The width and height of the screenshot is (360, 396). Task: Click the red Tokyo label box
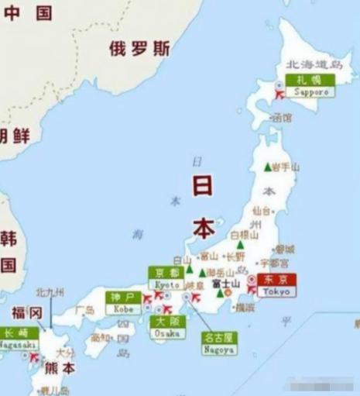coord(276,284)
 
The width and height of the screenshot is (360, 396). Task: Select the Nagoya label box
coord(219,343)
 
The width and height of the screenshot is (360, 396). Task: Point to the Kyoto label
coord(168,278)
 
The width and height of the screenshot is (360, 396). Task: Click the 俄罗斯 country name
coord(139,48)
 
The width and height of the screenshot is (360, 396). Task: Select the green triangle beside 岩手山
coord(267,167)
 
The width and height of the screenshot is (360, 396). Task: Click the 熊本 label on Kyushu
coord(60,369)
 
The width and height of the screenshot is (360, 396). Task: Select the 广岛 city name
coord(85,310)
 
